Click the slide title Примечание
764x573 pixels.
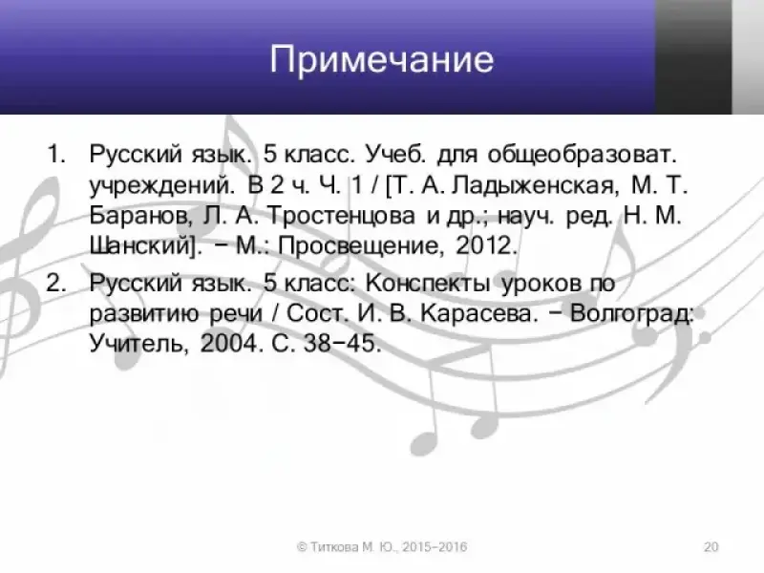pos(382,60)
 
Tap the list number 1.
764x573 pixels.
pos(56,154)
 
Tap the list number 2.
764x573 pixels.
pos(56,283)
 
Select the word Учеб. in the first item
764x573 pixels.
pos(395,154)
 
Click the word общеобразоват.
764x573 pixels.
pos(583,155)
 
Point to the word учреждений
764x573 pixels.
pos(161,186)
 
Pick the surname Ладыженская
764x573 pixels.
pos(533,185)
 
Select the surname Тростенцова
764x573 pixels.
pos(342,216)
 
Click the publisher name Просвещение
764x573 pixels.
pos(361,246)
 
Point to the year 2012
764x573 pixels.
pos(486,245)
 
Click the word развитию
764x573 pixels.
pos(144,314)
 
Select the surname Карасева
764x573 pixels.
pos(479,313)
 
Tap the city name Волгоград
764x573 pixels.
pos(631,313)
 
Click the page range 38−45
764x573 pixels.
pos(342,343)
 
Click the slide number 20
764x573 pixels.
pos(711,546)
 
